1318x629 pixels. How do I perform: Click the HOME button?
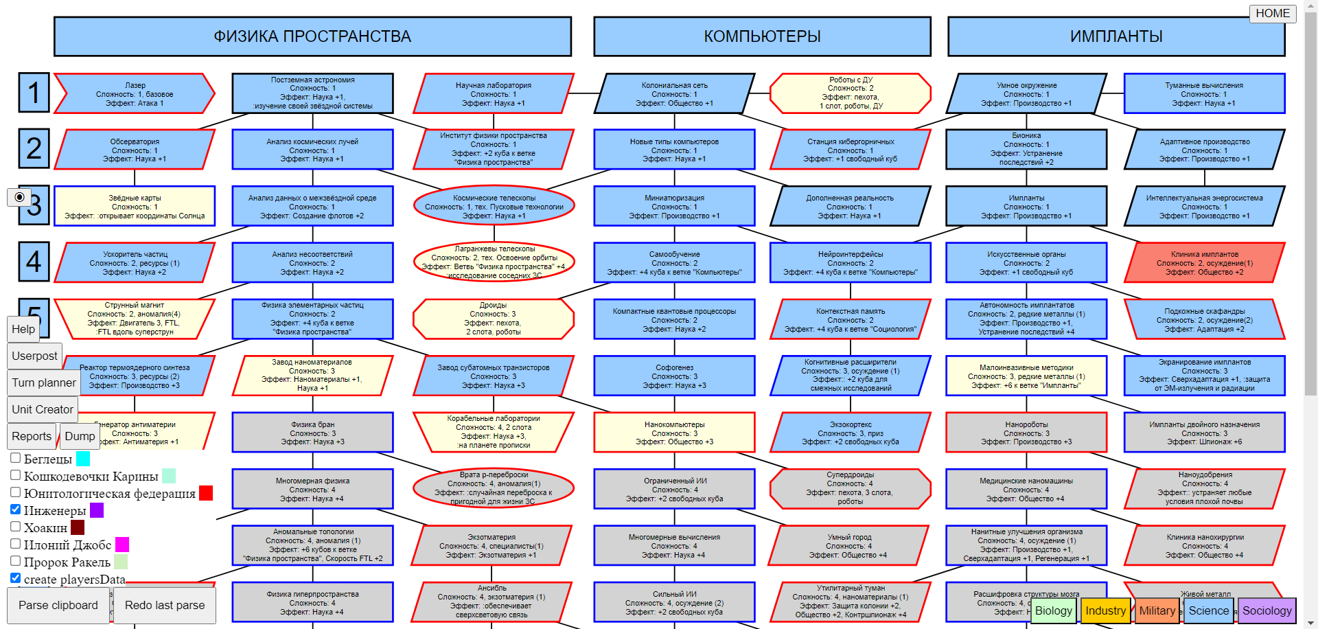1272,14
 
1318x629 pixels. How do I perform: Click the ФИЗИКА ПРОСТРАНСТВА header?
312,36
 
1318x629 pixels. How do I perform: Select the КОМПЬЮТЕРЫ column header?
762,36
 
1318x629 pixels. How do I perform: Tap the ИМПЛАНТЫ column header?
1116,36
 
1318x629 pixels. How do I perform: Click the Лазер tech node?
135,94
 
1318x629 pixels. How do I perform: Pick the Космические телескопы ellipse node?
494,206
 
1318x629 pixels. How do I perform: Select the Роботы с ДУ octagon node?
850,93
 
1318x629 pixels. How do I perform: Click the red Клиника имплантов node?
1204,262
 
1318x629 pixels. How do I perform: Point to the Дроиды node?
493,319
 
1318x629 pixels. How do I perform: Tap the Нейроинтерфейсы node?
850,262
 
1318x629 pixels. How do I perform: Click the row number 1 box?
34,93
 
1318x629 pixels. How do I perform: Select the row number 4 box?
34,262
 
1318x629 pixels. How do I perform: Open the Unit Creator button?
43,409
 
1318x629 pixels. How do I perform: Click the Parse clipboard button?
58,605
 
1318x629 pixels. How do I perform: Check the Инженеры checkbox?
16,510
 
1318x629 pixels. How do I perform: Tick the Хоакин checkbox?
16,527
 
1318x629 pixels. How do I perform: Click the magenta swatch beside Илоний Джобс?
122,545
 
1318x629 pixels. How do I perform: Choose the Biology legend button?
1053,610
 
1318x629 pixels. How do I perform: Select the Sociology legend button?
1267,610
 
